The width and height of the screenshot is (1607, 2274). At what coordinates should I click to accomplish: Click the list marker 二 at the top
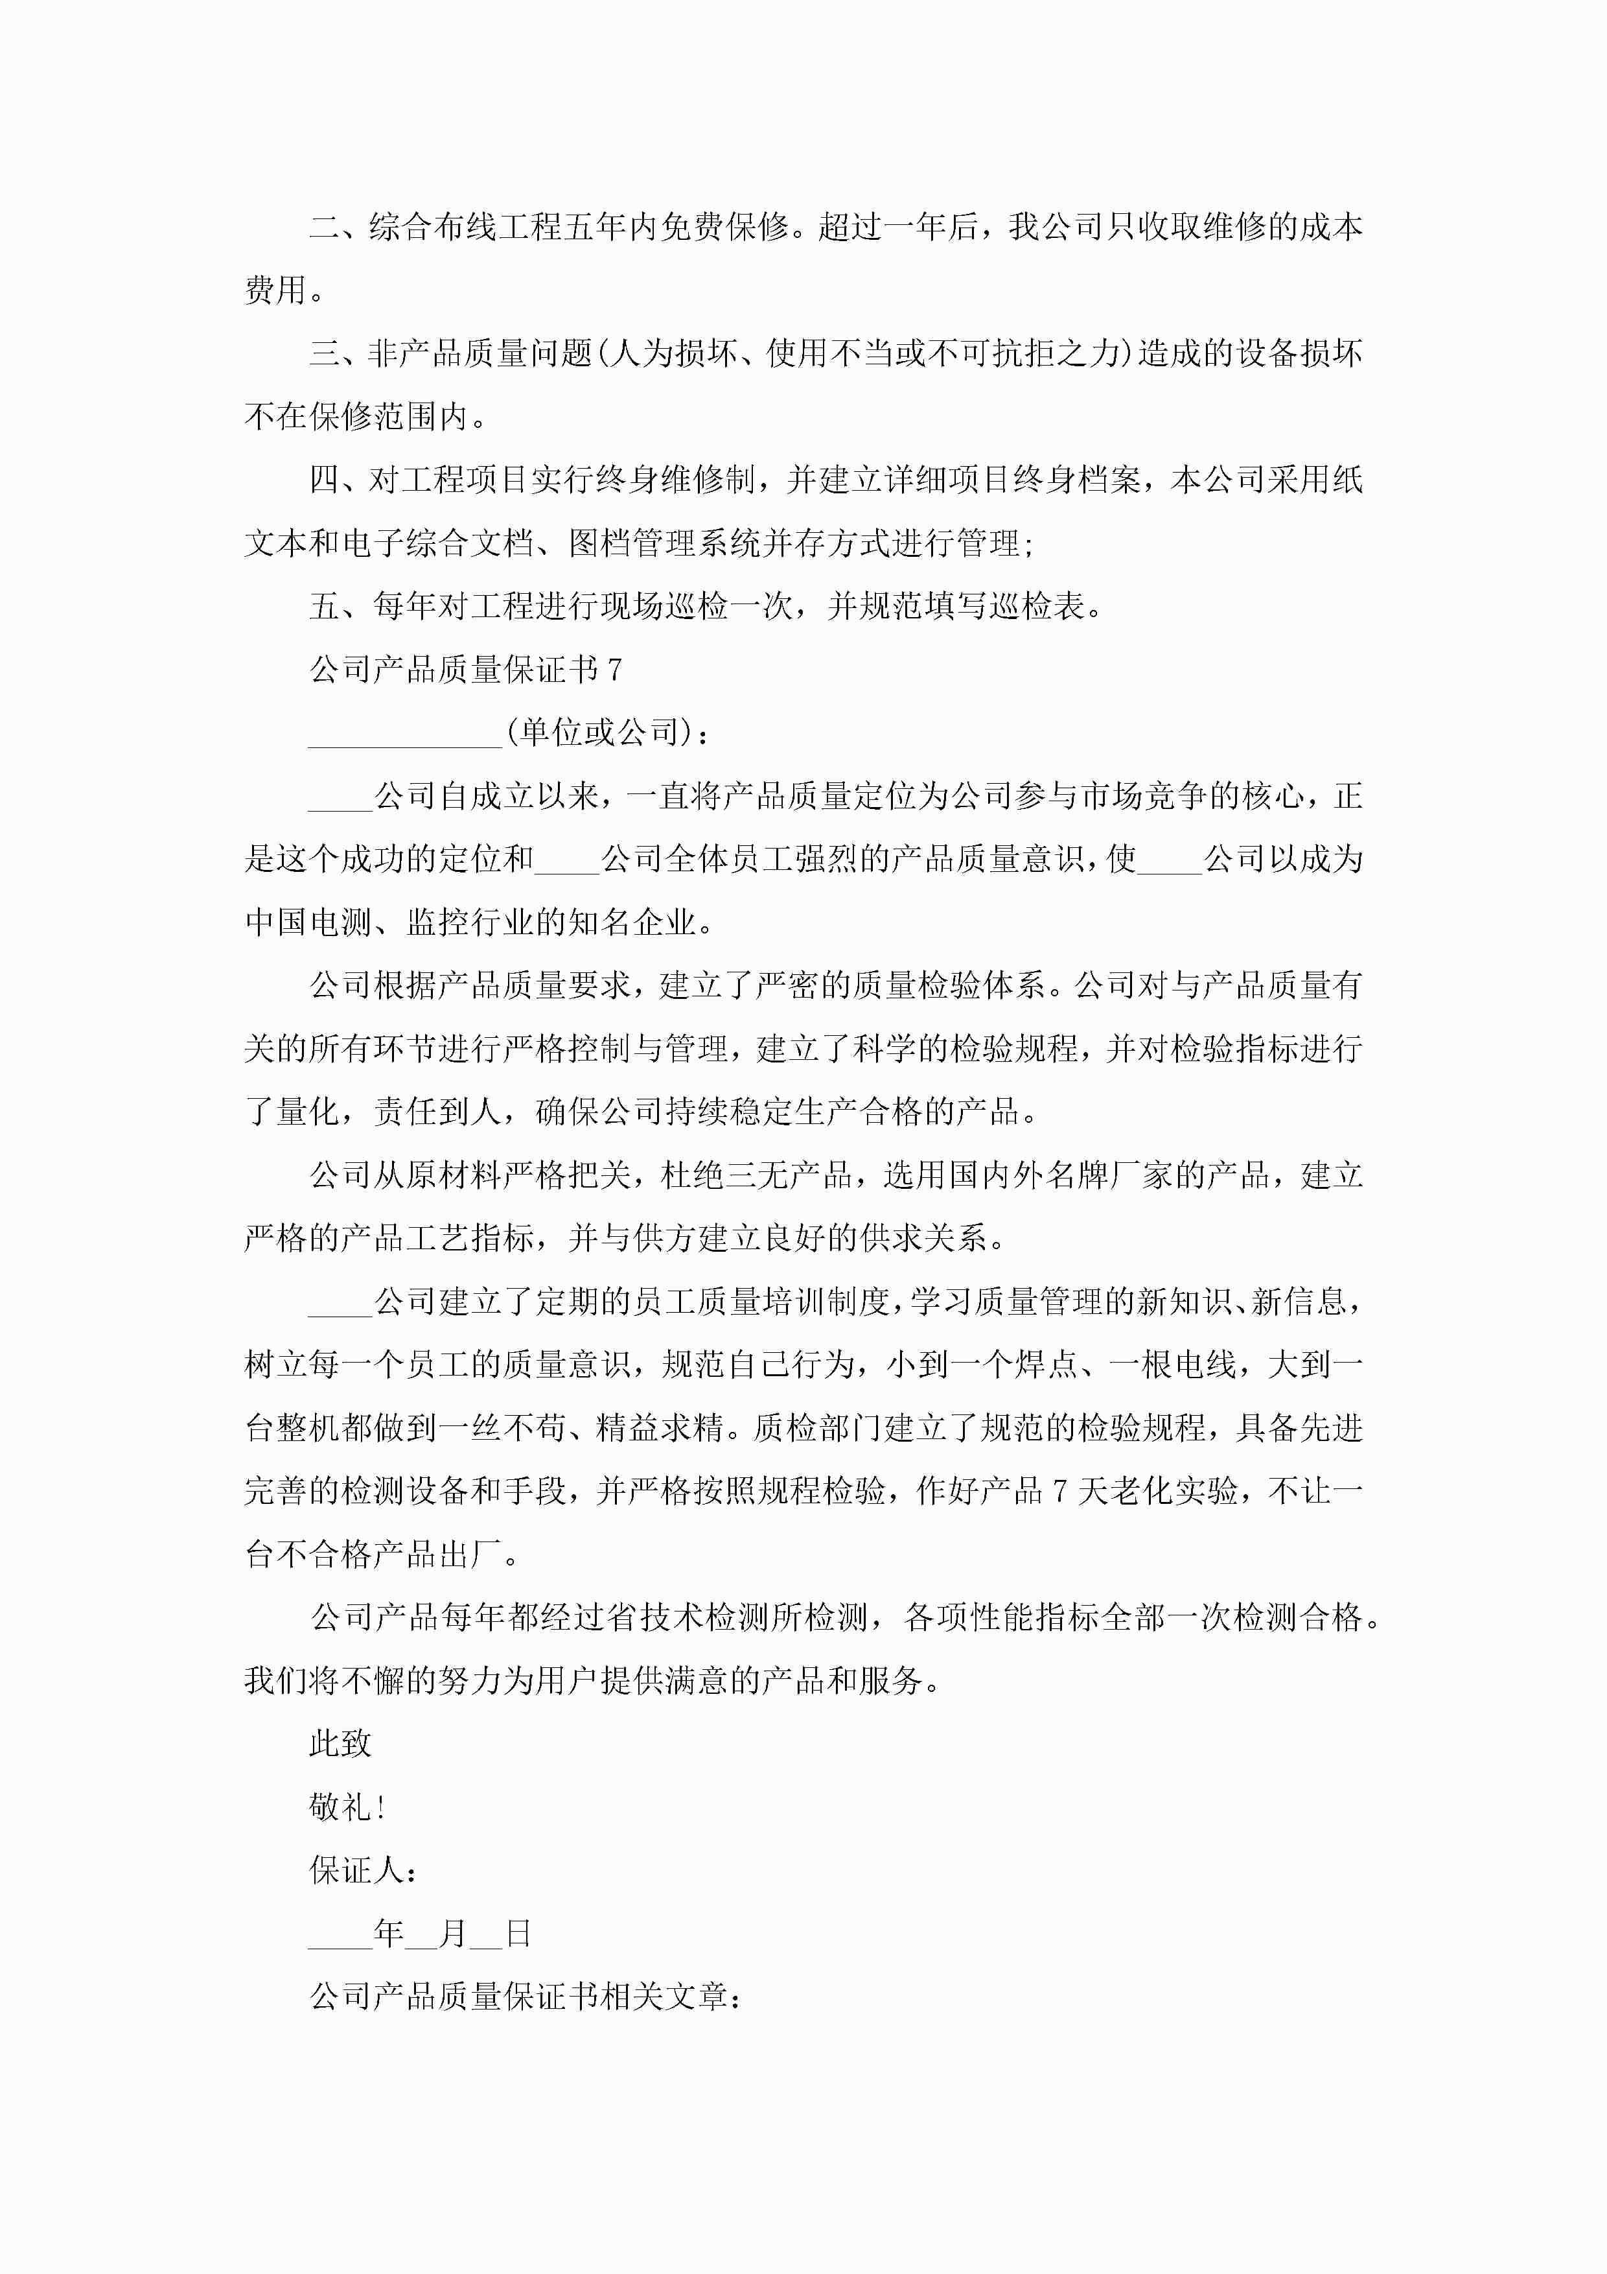click(x=325, y=228)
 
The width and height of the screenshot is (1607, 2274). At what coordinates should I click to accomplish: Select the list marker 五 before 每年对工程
click(x=325, y=606)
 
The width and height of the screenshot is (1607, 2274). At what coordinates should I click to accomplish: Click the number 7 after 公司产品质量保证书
click(x=614, y=670)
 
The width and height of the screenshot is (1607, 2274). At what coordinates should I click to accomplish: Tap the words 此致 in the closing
click(x=341, y=1743)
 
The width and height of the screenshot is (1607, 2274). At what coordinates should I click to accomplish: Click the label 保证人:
click(x=362, y=1870)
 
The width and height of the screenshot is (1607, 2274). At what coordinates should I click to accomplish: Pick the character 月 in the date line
click(x=452, y=1933)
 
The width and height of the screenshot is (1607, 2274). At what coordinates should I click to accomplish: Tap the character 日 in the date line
click(x=518, y=1933)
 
